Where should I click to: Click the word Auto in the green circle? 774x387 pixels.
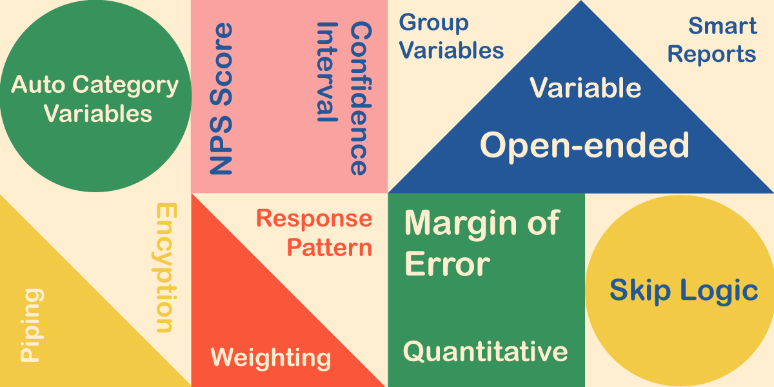[38, 85]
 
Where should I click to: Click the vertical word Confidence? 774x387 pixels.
[360, 99]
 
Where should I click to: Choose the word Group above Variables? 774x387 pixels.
[433, 23]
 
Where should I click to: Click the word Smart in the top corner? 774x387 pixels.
[722, 26]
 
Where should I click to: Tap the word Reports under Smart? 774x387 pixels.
[711, 55]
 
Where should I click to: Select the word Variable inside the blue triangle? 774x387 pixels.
[585, 88]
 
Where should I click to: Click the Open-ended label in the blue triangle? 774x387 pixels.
[584, 145]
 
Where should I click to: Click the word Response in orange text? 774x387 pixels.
[314, 219]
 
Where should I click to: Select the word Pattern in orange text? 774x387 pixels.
[330, 248]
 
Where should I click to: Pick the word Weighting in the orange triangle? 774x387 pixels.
[270, 357]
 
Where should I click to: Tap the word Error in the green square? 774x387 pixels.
[447, 264]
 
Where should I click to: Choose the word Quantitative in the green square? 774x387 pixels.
[485, 352]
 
